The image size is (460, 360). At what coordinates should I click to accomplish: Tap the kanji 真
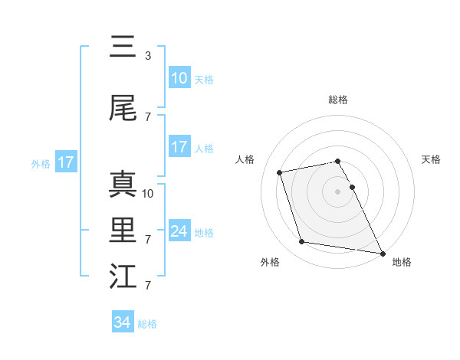click(123, 185)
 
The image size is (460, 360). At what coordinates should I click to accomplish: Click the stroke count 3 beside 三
click(148, 56)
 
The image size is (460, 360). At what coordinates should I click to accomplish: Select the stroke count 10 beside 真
click(149, 194)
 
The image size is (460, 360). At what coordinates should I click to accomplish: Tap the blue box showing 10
click(179, 78)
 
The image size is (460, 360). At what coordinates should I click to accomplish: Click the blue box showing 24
click(179, 231)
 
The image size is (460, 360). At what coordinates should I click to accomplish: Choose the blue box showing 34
click(123, 322)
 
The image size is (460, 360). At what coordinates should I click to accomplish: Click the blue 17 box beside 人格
click(179, 147)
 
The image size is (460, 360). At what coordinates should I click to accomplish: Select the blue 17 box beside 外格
click(65, 162)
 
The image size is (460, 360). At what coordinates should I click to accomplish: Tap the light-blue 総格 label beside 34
click(147, 324)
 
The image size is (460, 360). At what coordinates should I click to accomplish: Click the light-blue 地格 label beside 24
click(204, 233)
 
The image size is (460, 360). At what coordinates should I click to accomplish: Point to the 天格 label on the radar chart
click(432, 159)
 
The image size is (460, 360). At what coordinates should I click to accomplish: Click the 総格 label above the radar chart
click(338, 100)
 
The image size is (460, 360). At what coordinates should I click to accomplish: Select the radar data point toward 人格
click(279, 172)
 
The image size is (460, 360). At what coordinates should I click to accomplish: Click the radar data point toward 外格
click(302, 242)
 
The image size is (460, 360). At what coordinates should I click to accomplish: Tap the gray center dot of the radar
click(338, 191)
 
